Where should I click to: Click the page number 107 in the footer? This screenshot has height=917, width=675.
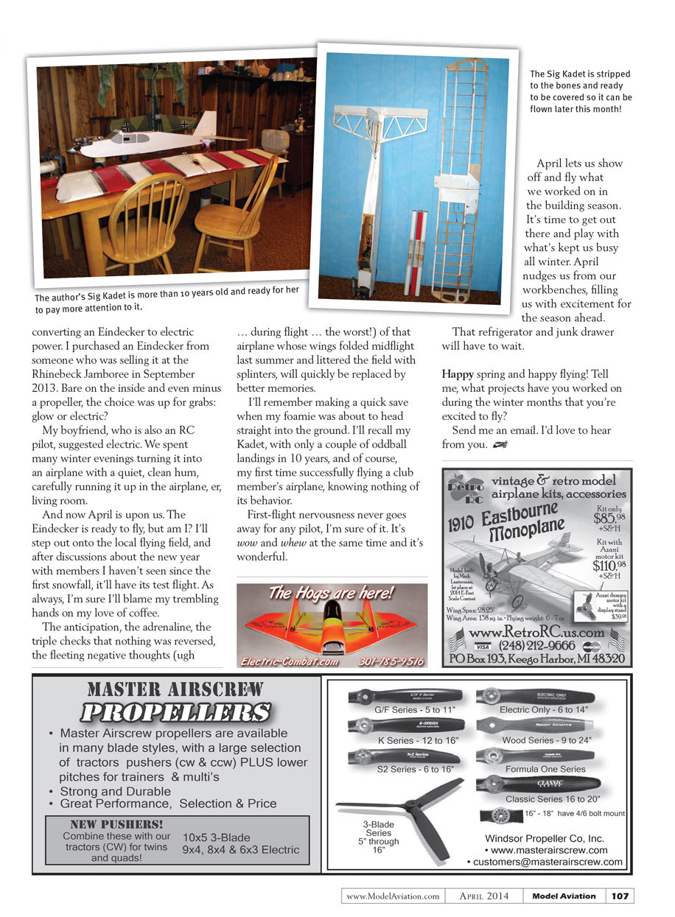[620, 896]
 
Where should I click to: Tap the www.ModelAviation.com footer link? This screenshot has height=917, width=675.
[393, 896]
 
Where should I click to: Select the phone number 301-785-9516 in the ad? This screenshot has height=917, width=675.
[392, 661]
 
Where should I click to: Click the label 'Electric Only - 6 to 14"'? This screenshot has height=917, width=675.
[544, 709]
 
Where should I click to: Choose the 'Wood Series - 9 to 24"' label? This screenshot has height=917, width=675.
[546, 739]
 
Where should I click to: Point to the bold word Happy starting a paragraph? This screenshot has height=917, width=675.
[458, 374]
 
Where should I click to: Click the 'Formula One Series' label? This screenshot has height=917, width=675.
[545, 769]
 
